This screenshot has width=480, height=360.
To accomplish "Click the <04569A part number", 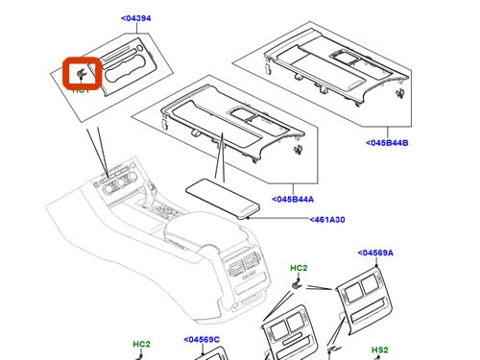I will [x=377, y=253].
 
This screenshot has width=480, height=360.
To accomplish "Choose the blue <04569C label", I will [x=202, y=339].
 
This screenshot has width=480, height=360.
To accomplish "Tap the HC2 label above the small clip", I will [x=299, y=268].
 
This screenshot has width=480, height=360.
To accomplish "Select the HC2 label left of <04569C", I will [x=142, y=344].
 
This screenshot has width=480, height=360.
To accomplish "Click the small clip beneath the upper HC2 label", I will [x=298, y=286].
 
